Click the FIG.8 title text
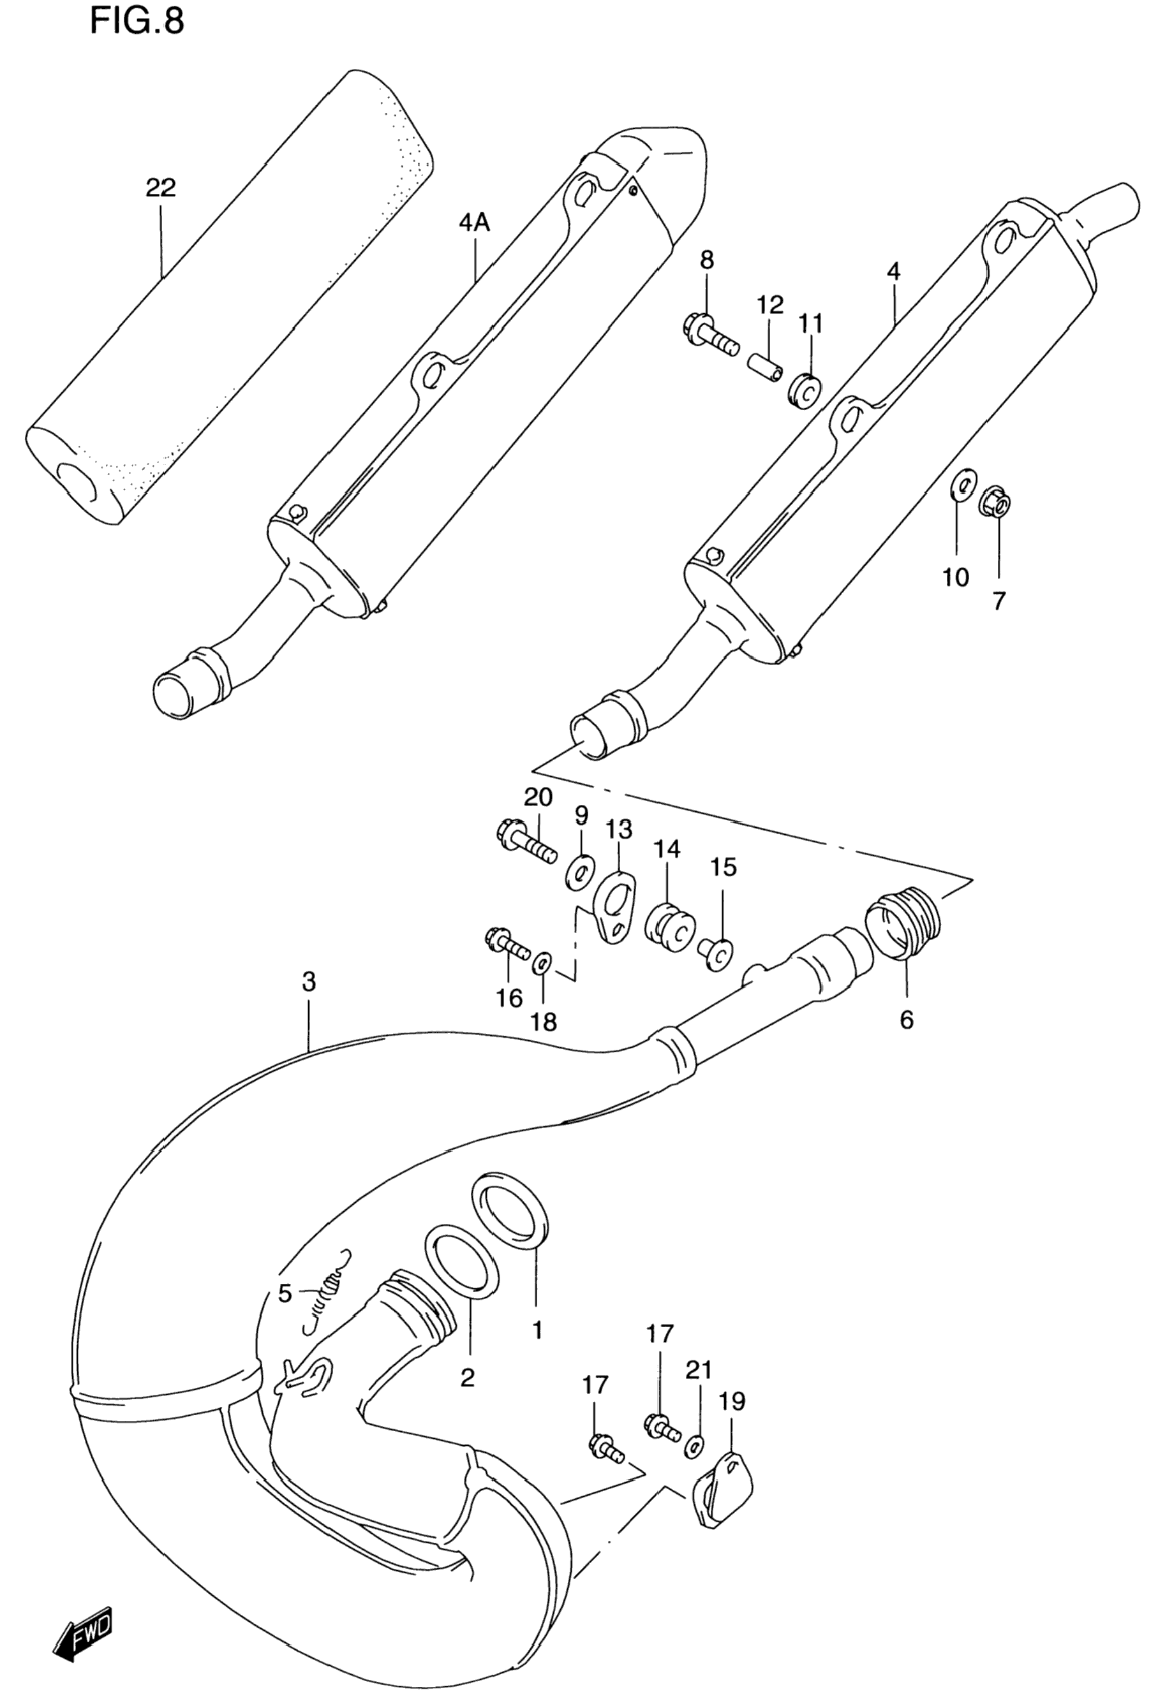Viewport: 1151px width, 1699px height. pos(137,22)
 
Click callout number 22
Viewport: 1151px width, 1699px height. pos(160,188)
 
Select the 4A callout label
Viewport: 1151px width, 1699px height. pos(474,221)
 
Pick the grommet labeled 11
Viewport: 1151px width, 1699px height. pos(805,390)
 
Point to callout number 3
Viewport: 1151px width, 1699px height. pos(309,982)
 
